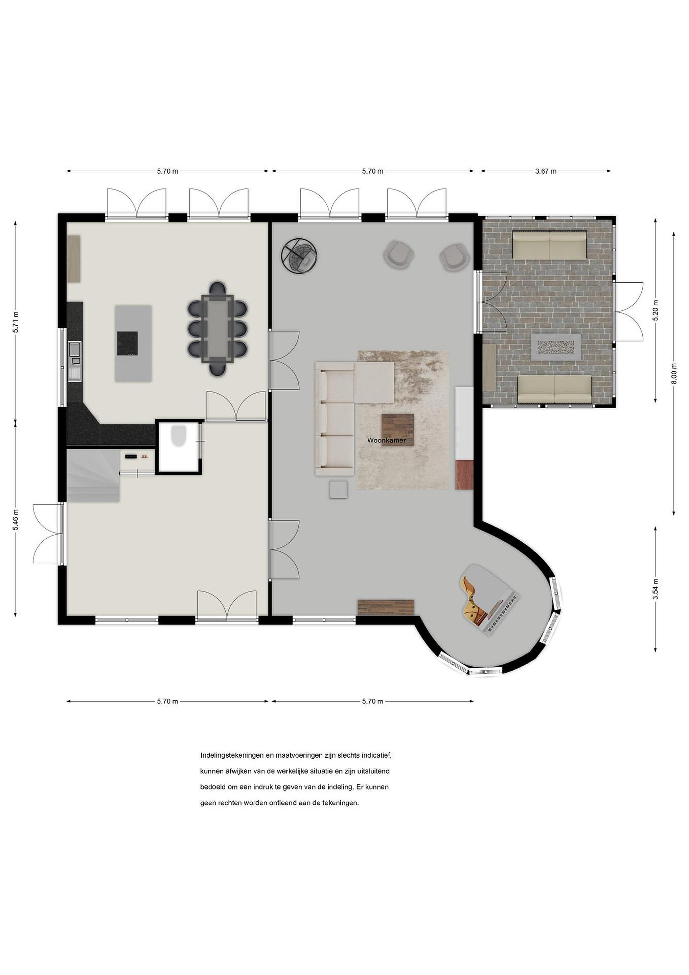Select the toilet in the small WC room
[x=179, y=436]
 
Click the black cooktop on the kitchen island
[x=127, y=343]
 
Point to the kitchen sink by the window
[x=75, y=349]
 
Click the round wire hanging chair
[x=300, y=255]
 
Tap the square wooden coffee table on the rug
[x=397, y=430]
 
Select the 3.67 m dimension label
[x=546, y=171]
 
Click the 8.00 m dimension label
[x=674, y=374]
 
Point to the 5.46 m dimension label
[x=16, y=519]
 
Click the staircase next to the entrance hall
[x=93, y=476]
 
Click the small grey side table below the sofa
[x=339, y=489]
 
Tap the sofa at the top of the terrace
[x=549, y=245]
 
